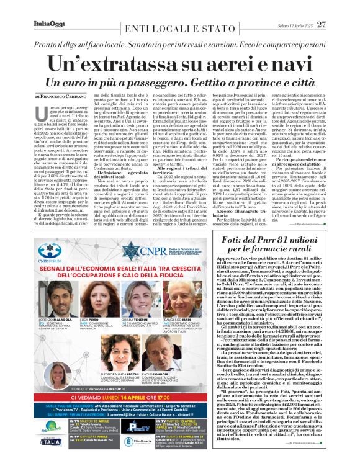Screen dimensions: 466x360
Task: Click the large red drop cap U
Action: coord(41,112)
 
